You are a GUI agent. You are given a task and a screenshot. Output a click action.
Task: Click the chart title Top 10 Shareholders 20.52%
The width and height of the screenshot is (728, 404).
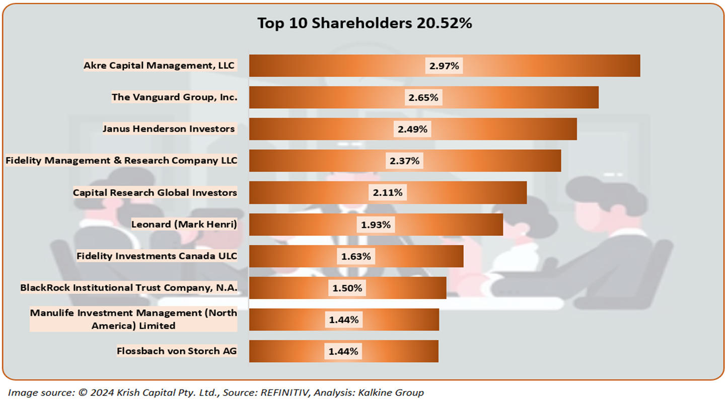365,24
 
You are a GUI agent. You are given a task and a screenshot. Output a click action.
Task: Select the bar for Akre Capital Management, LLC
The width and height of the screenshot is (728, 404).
529,65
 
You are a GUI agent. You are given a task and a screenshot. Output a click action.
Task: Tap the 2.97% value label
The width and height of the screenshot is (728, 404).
444,65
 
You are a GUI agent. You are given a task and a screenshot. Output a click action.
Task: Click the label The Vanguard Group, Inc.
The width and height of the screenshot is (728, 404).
174,97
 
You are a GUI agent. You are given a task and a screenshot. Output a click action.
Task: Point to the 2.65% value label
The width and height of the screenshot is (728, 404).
423,97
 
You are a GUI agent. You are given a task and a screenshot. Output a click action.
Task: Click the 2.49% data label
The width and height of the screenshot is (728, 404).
412,129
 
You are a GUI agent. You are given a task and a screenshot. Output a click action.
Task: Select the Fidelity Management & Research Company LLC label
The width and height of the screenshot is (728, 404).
121,161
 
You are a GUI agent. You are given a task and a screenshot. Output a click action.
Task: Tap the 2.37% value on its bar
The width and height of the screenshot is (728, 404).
404,161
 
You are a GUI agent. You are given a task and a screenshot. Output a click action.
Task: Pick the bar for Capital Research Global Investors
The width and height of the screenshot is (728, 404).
463,192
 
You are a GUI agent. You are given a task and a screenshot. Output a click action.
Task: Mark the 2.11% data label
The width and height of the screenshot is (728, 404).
387,192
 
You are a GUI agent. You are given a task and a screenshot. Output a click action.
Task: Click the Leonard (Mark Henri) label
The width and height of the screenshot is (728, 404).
184,224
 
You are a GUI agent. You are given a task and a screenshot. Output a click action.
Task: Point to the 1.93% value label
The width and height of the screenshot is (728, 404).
376,225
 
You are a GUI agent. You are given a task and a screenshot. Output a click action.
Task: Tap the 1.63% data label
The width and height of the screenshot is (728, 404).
356,256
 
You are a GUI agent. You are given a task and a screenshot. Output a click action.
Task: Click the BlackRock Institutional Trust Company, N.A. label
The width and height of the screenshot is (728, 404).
128,288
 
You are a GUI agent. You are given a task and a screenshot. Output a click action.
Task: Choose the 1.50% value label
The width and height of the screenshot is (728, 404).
347,288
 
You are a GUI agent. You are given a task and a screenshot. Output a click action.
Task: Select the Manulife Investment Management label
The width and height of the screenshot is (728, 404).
133,319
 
